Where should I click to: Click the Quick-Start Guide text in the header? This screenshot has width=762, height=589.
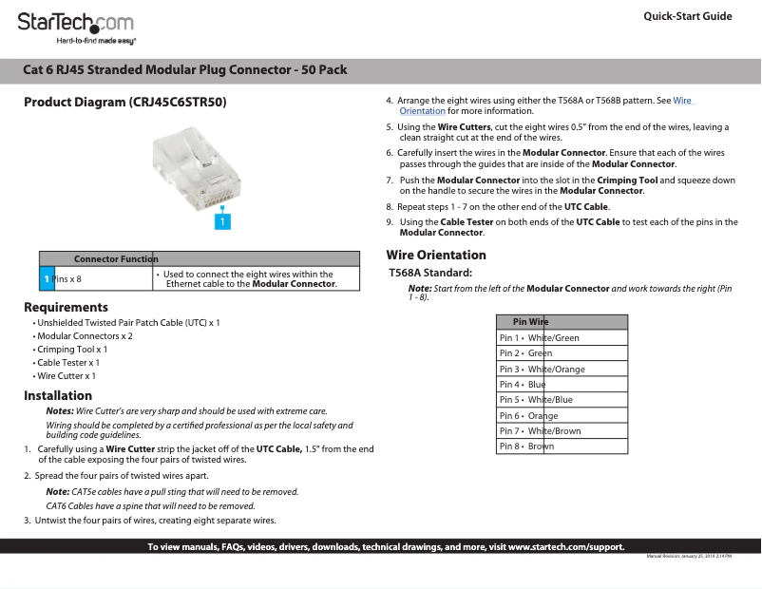click(687, 16)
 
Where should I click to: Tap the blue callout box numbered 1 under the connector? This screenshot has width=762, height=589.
click(221, 221)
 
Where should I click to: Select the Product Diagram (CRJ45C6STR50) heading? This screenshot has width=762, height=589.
click(125, 102)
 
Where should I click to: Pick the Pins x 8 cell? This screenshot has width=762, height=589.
click(67, 278)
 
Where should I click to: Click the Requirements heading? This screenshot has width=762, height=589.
click(66, 307)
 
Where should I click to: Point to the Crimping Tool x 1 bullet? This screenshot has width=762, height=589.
click(71, 350)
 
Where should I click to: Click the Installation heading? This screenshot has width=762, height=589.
click(58, 395)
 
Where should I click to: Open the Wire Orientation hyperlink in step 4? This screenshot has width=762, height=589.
click(682, 100)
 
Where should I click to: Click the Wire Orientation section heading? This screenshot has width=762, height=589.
click(435, 255)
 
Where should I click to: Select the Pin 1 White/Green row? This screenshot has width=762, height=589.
click(562, 337)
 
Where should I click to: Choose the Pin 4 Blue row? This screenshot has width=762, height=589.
click(562, 384)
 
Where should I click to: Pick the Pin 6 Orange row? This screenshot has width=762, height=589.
click(562, 415)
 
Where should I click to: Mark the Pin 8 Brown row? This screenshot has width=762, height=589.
click(562, 446)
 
